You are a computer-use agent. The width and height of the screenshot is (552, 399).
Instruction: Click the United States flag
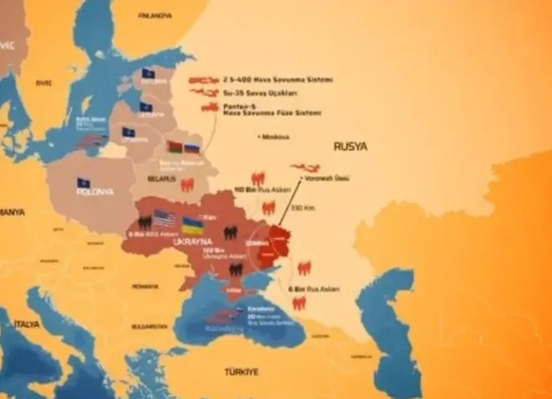(164, 219)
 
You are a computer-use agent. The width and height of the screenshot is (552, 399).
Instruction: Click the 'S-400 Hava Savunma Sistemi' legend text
(263, 79)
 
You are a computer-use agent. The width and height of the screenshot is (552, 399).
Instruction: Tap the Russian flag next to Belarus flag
(192, 147)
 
